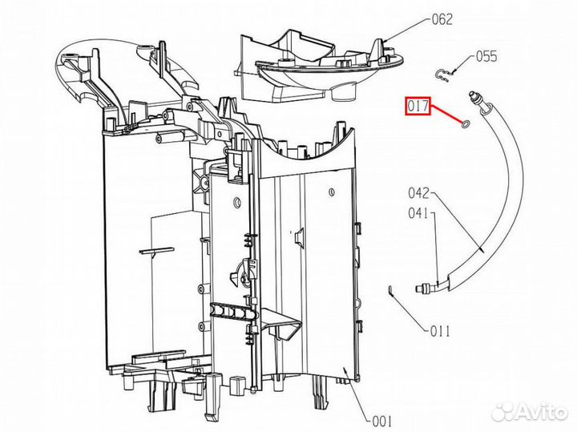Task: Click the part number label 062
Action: click(x=442, y=19)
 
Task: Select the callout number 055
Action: click(x=486, y=56)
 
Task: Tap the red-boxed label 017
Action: click(x=418, y=107)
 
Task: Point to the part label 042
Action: click(x=419, y=192)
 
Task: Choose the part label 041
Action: click(x=418, y=212)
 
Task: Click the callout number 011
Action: click(x=440, y=332)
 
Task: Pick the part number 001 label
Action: click(x=382, y=421)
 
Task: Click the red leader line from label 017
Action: click(x=446, y=115)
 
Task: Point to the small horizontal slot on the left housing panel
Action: click(x=156, y=250)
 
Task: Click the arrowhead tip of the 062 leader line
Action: click(x=384, y=41)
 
